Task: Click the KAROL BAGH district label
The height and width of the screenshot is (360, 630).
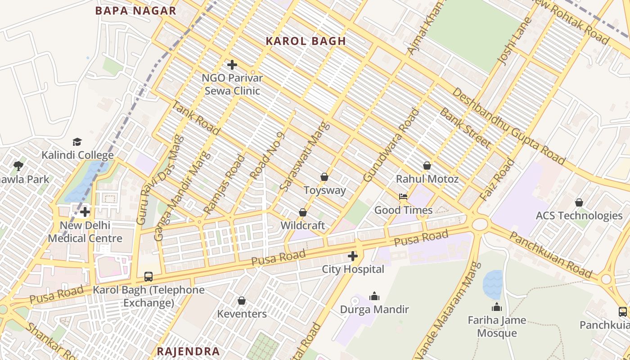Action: pyautogui.click(x=306, y=41)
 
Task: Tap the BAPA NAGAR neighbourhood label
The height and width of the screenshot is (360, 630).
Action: pyautogui.click(x=135, y=11)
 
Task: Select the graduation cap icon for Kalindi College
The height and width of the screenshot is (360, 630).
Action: pyautogui.click(x=77, y=142)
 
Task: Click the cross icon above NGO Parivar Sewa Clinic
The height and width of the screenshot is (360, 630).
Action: pyautogui.click(x=232, y=65)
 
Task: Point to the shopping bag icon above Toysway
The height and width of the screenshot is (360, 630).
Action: pyautogui.click(x=324, y=177)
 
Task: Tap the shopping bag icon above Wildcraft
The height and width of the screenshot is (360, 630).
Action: pyautogui.click(x=303, y=212)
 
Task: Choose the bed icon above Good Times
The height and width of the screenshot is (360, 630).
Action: pyautogui.click(x=403, y=197)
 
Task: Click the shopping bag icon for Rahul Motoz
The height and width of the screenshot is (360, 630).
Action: pyautogui.click(x=427, y=166)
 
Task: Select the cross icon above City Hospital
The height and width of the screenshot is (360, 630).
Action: pyautogui.click(x=353, y=256)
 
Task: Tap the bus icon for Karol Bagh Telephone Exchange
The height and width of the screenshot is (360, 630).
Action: pyautogui.click(x=148, y=277)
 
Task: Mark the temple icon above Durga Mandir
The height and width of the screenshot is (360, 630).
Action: pyautogui.click(x=374, y=296)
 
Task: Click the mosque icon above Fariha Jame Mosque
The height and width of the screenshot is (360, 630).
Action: pyautogui.click(x=497, y=307)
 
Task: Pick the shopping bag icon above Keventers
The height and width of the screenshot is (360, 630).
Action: pyautogui.click(x=242, y=301)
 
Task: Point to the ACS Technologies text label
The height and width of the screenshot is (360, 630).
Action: pyautogui.click(x=579, y=216)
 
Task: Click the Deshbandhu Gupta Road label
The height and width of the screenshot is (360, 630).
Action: pyautogui.click(x=508, y=126)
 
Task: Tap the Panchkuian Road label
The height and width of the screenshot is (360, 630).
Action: pyautogui.click(x=551, y=255)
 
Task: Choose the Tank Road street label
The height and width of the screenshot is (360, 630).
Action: pyautogui.click(x=196, y=118)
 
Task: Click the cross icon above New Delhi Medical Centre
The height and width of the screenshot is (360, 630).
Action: pyautogui.click(x=85, y=212)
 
